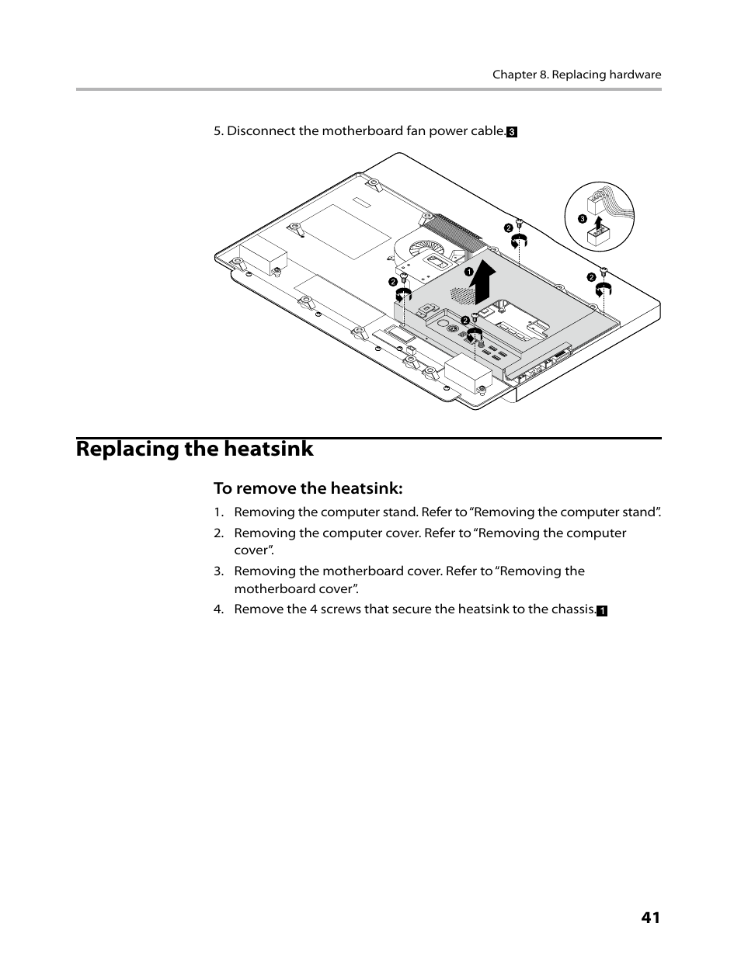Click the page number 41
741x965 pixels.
pos(650,917)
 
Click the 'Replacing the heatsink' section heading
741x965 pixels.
pos(195,449)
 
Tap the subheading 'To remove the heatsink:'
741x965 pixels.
pos(308,488)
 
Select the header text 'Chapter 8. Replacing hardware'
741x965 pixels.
pos(576,75)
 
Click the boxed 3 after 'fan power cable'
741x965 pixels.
pos(512,132)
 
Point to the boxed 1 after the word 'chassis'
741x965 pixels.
pos(601,611)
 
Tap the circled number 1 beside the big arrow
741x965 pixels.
pos(469,271)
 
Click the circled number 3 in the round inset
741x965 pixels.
pos(581,219)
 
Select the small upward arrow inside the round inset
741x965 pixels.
pos(597,224)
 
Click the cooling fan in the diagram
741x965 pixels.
pos(425,252)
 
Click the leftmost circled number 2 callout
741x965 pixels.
pos(393,281)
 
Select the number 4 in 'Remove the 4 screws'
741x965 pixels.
pos(314,609)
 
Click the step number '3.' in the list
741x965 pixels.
pos(219,571)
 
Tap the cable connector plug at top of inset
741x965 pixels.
pos(596,203)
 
